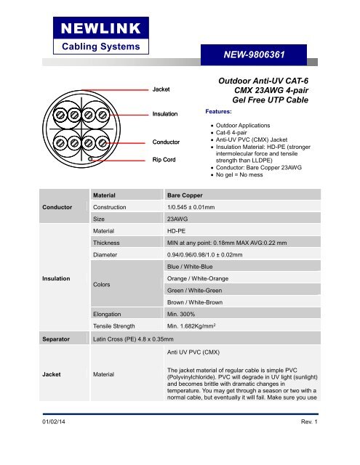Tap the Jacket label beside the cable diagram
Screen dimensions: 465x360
click(x=161, y=89)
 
